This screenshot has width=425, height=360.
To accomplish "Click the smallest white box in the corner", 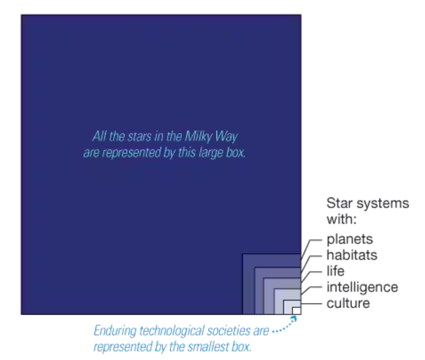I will tap(296, 310).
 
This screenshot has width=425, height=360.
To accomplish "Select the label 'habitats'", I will tap(352, 256).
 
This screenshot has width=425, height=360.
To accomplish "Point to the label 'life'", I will tap(335, 272).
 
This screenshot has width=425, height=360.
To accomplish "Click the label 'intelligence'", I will tap(362, 288).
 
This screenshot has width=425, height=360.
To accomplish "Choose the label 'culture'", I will tap(348, 304).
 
